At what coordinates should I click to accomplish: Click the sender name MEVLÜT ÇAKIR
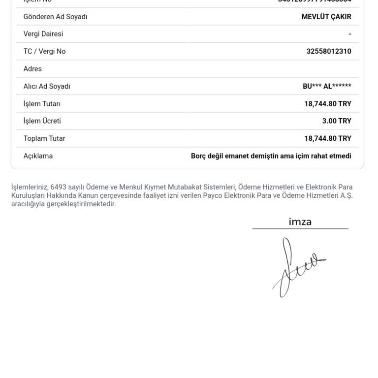(x=326, y=17)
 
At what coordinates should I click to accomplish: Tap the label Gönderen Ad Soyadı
(x=55, y=17)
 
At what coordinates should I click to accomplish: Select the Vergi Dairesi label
(x=43, y=34)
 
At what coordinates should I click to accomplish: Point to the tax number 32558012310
(x=329, y=51)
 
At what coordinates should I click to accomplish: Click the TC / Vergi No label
(x=44, y=51)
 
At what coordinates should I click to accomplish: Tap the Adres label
(x=32, y=69)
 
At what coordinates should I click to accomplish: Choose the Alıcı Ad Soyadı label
(x=47, y=86)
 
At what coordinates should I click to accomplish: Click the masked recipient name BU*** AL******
(x=327, y=86)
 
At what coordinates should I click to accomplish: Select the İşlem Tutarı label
(x=42, y=104)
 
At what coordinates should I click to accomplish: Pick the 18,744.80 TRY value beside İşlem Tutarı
(x=328, y=104)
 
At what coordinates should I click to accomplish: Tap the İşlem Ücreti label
(x=42, y=121)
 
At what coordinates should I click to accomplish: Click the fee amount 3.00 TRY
(x=337, y=121)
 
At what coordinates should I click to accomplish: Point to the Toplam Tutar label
(x=44, y=138)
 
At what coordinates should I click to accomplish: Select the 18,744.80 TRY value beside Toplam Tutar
(x=328, y=138)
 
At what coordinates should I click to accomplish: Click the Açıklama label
(x=38, y=156)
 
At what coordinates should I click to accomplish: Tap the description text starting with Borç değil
(x=271, y=156)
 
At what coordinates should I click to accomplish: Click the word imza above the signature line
(x=300, y=222)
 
